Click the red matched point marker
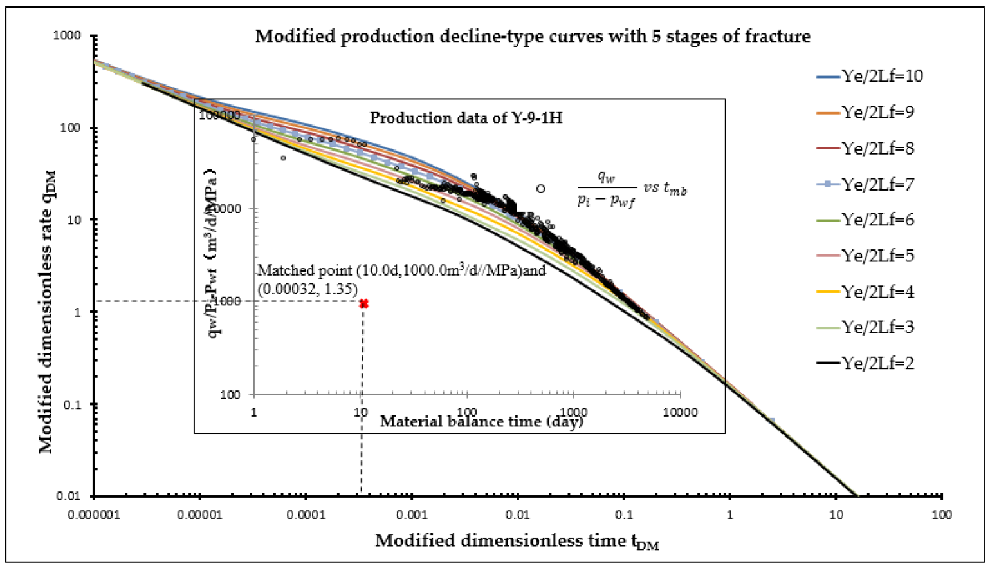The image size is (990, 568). click(363, 303)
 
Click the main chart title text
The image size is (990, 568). click(533, 36)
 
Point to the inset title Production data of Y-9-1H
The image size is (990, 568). click(466, 118)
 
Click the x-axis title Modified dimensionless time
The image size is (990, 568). click(517, 541)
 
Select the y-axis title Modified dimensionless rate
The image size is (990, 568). click(46, 312)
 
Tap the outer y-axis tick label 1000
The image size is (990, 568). click(67, 35)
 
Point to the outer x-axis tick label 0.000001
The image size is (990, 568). click(94, 515)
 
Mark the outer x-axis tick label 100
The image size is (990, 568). click(942, 515)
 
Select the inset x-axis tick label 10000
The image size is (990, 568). click(680, 412)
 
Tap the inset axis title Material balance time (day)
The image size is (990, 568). click(481, 422)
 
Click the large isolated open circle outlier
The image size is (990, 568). click(541, 189)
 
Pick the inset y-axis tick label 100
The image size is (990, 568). click(230, 395)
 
